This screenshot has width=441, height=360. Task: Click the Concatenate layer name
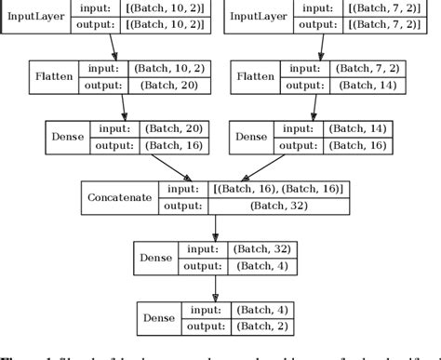tap(119, 197)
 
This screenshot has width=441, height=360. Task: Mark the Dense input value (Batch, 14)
tap(364, 129)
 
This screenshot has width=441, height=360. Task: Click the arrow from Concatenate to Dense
tap(216, 229)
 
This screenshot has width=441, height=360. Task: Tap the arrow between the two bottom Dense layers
tap(216, 288)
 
